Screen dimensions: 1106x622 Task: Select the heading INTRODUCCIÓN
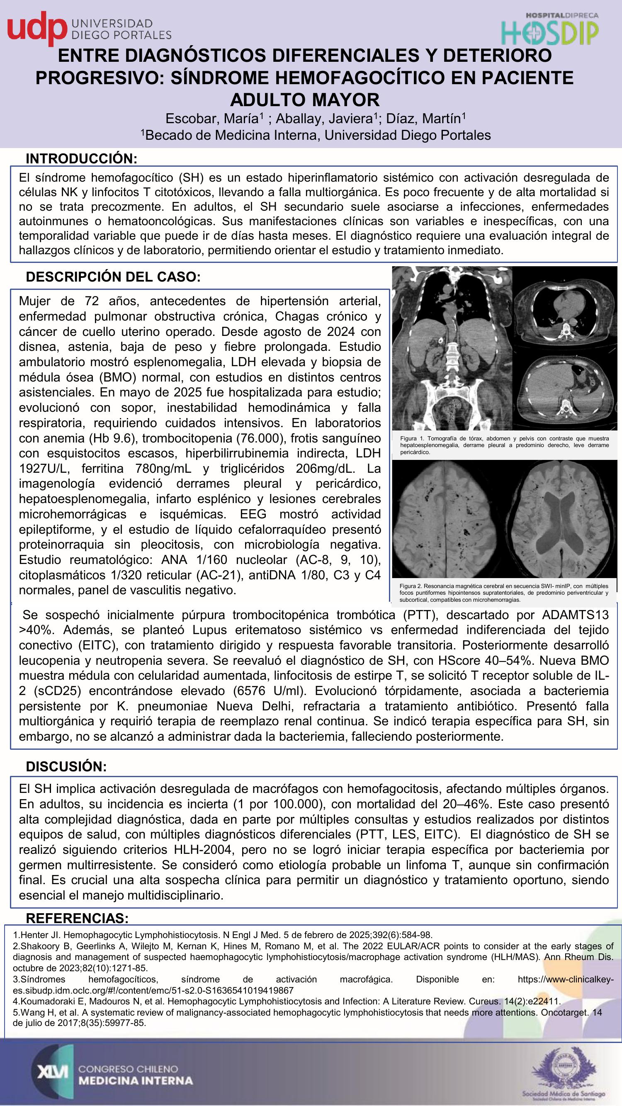(x=82, y=158)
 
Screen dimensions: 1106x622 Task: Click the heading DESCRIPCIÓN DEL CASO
(x=113, y=277)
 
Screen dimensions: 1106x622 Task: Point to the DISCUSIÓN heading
(x=66, y=766)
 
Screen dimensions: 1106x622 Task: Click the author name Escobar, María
(x=215, y=119)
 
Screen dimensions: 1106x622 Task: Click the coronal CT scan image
(x=452, y=348)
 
